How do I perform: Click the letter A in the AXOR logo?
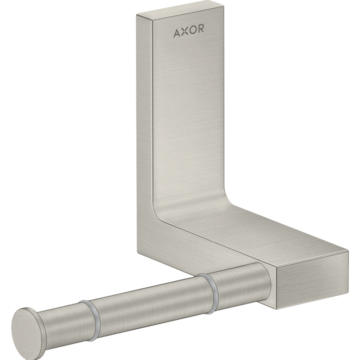click(177, 33)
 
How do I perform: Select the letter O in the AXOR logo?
click(193, 33)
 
